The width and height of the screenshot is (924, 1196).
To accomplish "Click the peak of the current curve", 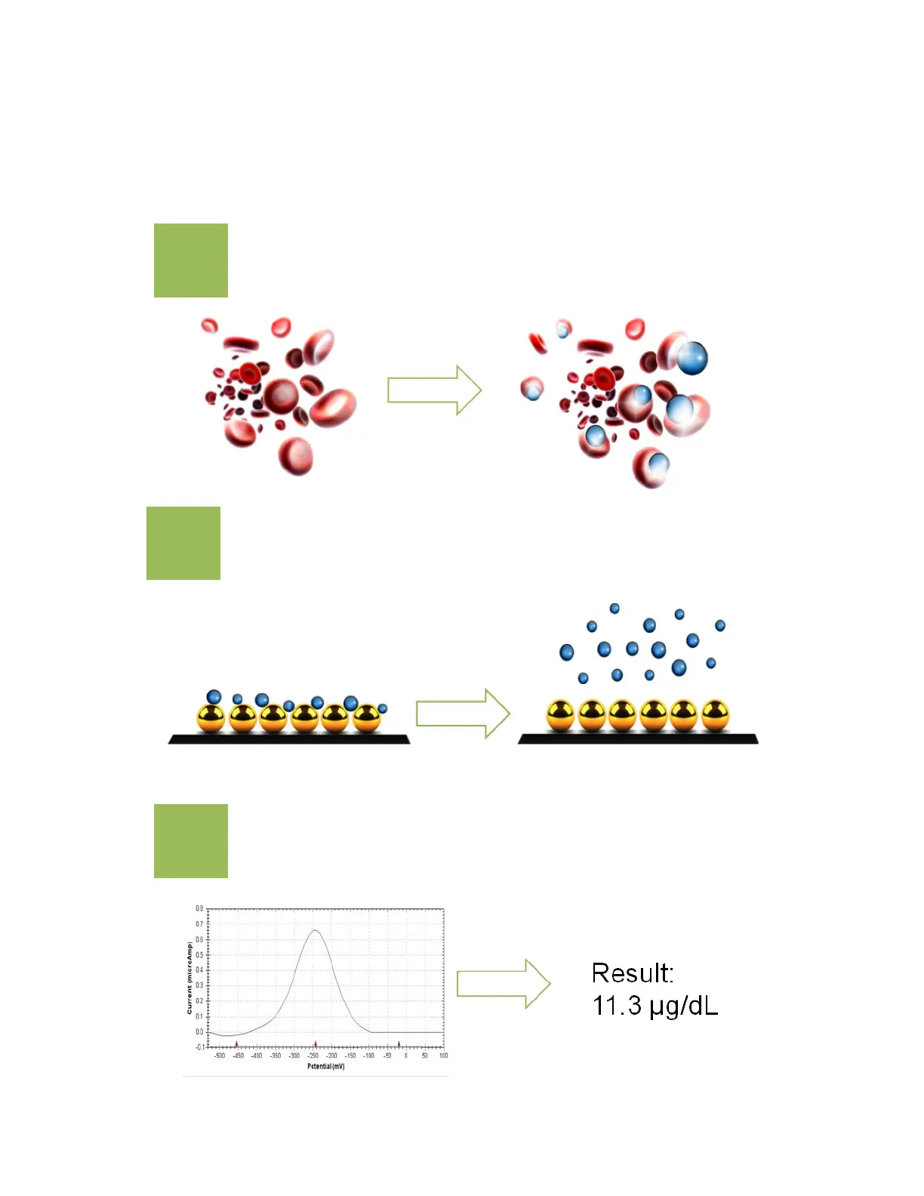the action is click(315, 931).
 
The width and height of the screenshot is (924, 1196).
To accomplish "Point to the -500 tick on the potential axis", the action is click(220, 1056).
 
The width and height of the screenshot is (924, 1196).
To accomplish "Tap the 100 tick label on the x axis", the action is click(443, 1056).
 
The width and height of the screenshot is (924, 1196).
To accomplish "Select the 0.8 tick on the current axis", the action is click(199, 908).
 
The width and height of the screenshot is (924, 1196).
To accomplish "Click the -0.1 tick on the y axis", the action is click(199, 1047).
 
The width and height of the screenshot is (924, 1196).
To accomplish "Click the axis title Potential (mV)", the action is click(325, 1066).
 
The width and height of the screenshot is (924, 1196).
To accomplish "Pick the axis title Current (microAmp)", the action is click(189, 977).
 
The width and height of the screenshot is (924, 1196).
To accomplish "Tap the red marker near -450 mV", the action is click(237, 1045).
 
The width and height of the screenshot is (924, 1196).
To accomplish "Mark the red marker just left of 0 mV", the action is click(399, 1045).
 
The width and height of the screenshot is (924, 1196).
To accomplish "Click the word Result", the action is click(632, 973).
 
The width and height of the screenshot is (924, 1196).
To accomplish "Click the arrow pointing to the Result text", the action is click(504, 984).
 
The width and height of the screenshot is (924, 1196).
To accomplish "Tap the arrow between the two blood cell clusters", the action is click(434, 390).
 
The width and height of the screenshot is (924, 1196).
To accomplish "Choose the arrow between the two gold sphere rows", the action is click(463, 714).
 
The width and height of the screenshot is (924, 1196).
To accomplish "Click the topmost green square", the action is click(191, 260).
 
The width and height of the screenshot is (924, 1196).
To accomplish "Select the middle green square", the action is click(183, 544).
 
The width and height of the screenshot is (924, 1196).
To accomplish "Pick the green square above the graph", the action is click(191, 841).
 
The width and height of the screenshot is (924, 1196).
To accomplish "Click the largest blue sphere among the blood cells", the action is click(691, 358).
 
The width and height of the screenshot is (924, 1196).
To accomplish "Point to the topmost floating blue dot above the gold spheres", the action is click(614, 609).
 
